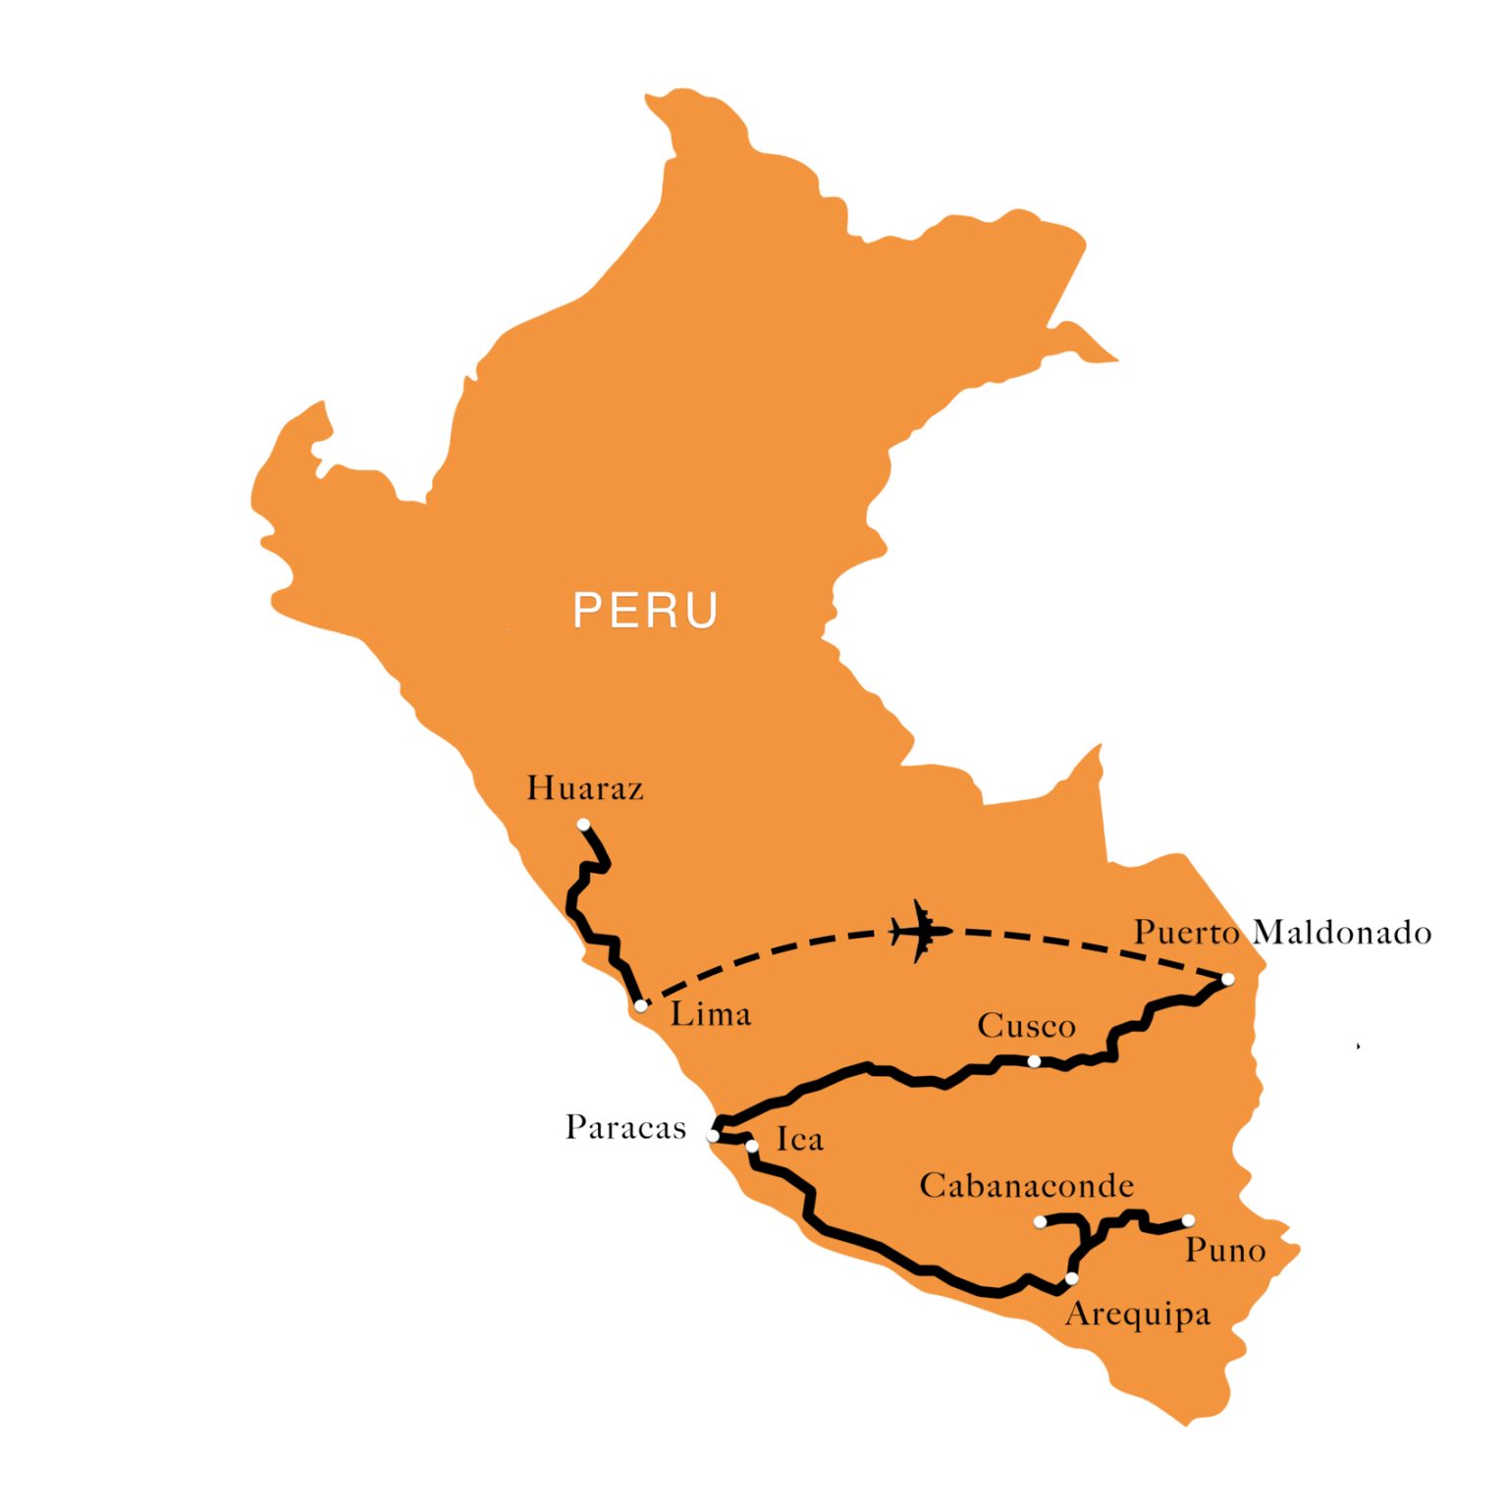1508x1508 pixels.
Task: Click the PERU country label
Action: (x=645, y=610)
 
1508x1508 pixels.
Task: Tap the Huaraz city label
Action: (x=585, y=788)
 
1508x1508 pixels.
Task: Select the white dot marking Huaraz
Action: (x=583, y=825)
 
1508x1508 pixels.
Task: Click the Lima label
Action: (x=710, y=1014)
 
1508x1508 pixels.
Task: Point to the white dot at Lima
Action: (x=641, y=1005)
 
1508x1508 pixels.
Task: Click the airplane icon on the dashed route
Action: (x=920, y=930)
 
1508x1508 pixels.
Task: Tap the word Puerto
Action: (x=1186, y=932)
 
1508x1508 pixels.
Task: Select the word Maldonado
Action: (x=1342, y=932)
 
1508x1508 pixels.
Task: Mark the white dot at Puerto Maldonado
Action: (x=1227, y=979)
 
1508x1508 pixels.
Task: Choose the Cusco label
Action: (x=1026, y=1026)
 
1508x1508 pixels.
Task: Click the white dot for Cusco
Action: (x=1034, y=1060)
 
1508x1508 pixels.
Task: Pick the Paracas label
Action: (x=625, y=1127)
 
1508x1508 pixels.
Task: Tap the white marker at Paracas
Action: (x=713, y=1135)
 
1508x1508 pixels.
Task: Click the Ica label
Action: (x=799, y=1139)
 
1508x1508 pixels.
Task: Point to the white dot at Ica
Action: (x=752, y=1146)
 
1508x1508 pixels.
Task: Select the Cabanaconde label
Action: (x=1026, y=1186)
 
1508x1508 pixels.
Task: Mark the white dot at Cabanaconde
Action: (x=1040, y=1221)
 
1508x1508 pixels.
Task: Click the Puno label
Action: (x=1224, y=1251)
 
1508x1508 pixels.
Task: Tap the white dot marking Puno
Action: (x=1188, y=1220)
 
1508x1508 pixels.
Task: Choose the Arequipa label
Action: (x=1137, y=1314)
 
